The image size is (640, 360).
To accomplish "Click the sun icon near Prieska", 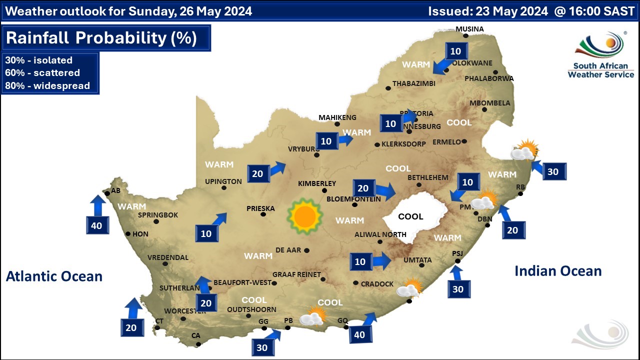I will pos(304,216).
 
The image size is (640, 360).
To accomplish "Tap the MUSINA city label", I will pos(469,29).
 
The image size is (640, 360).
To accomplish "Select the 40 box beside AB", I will pos(96,225).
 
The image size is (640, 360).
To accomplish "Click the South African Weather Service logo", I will pos(600,55).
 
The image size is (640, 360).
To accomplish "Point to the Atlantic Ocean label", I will pos(54,276).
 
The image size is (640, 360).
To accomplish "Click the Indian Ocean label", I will pos(558,271).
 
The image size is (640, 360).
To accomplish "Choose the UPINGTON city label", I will pos(223,181).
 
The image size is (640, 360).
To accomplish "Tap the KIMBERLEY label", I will pos(317,183).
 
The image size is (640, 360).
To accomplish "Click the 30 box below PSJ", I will pos(458,289).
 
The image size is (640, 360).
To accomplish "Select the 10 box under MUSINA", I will pos(455,51).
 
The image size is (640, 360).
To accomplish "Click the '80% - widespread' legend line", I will pos(47,85).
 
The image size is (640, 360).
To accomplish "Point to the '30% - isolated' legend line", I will pos(39,60).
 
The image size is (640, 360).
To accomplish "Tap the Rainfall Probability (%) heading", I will pos(101,38).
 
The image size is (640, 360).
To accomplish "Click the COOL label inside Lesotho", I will pos(410,216).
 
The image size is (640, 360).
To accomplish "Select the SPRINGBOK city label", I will pos(158,215).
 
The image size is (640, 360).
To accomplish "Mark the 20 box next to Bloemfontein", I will pos(363,188).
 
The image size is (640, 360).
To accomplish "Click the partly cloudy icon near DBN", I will pos(483,201).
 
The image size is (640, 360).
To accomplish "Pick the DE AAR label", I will pos(288,250).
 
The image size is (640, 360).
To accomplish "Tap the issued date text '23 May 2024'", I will pos(513,11).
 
